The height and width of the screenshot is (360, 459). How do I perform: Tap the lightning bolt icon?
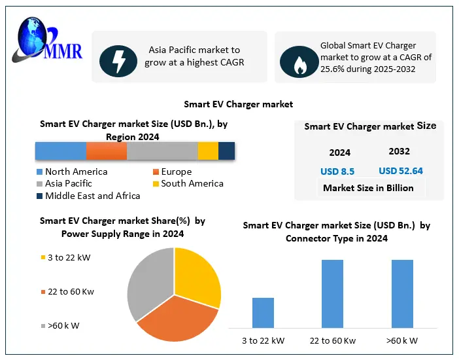pyautogui.click(x=118, y=61)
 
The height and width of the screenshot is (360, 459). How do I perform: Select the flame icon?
pyautogui.click(x=299, y=63)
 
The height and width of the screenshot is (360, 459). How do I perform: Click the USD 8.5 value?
pyautogui.click(x=337, y=171)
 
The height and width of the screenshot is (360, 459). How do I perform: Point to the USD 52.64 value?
pyautogui.click(x=400, y=171)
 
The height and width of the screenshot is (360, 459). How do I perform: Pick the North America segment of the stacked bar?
pyautogui.click(x=60, y=151)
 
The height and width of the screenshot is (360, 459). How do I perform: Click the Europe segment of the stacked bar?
pyautogui.click(x=106, y=151)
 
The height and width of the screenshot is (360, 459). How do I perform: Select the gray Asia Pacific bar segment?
pyautogui.click(x=162, y=151)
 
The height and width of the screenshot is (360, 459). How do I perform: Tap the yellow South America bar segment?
pyautogui.click(x=208, y=151)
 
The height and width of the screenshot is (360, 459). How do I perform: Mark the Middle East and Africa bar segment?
pyautogui.click(x=226, y=151)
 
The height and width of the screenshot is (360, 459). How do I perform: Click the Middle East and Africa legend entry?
pyautogui.click(x=88, y=196)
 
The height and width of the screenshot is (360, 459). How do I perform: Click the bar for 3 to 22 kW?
pyautogui.click(x=263, y=313)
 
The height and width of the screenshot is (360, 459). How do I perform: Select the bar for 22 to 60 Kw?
pyautogui.click(x=332, y=294)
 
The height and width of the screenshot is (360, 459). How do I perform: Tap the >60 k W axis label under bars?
pyautogui.click(x=402, y=340)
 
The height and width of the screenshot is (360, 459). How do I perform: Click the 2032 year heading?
pyautogui.click(x=399, y=151)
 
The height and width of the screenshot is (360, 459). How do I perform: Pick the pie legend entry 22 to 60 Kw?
pyautogui.click(x=69, y=291)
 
